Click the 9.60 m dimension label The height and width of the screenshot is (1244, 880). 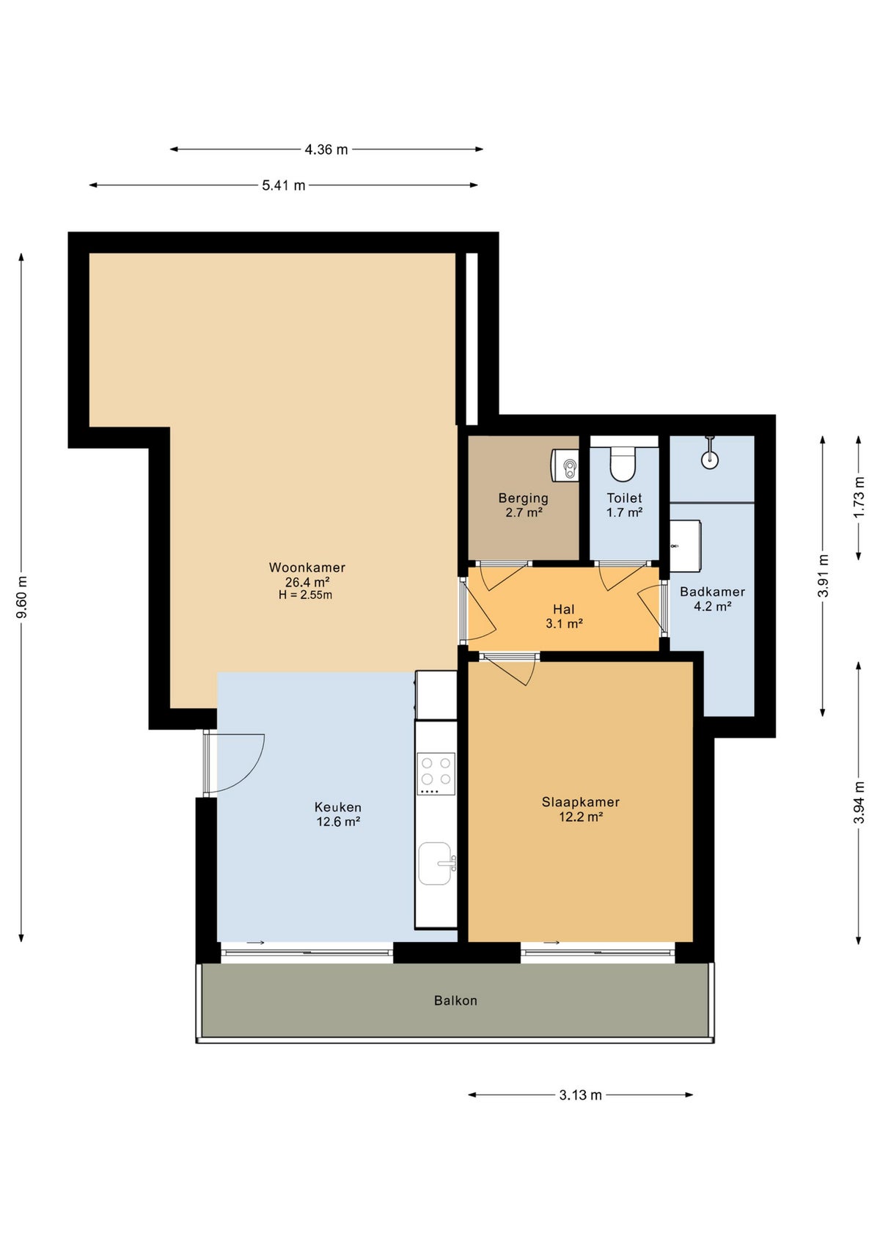22,597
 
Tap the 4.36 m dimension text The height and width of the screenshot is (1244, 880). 326,150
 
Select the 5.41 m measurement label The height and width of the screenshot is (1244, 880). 284,185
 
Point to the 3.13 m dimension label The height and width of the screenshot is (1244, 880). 580,1095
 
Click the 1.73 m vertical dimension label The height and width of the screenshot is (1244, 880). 859,497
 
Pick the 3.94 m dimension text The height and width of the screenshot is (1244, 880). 859,803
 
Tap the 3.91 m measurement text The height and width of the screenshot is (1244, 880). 823,575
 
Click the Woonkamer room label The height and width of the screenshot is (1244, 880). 307,567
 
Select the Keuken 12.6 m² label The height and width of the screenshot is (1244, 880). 338,814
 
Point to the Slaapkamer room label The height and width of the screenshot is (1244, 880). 581,802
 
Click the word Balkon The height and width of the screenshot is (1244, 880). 455,1001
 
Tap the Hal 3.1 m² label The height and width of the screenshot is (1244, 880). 564,617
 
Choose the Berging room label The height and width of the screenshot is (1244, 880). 524,498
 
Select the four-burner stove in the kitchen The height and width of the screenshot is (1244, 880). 436,773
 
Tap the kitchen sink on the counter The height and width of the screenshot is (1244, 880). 436,864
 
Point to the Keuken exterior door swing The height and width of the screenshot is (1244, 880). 236,762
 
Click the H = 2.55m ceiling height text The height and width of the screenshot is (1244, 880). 305,595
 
